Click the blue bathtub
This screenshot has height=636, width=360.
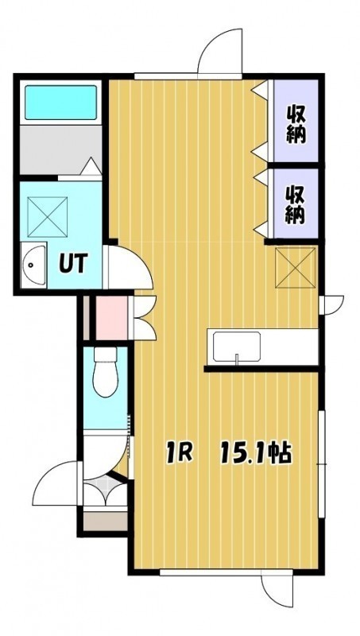click(x=61, y=103)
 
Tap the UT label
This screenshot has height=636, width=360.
click(x=73, y=264)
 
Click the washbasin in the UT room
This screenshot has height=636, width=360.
click(x=33, y=266)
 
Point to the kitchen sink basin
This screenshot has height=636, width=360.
click(x=237, y=347)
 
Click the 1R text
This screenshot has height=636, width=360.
click(x=179, y=454)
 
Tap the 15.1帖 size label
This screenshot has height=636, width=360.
click(x=255, y=454)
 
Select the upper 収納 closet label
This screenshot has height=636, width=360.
click(x=296, y=124)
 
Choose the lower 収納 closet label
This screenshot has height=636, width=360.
click(x=295, y=205)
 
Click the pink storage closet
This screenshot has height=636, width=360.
click(x=111, y=318)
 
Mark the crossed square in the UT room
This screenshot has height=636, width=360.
click(x=48, y=216)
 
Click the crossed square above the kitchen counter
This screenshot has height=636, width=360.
click(x=295, y=268)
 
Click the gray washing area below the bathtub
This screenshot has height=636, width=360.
click(x=60, y=150)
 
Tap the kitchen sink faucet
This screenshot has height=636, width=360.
click(x=237, y=359)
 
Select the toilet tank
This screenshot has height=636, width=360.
click(x=106, y=354)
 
